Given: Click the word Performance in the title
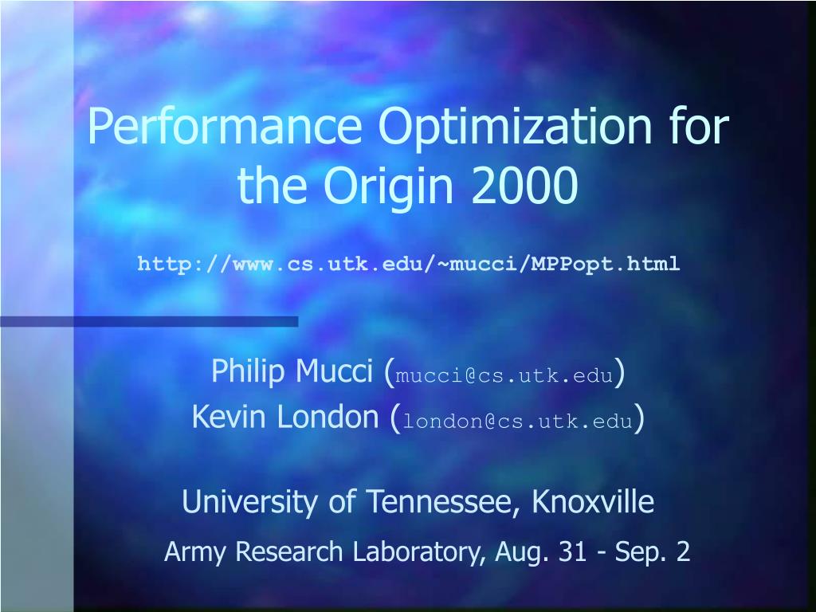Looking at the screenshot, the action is click(224, 127).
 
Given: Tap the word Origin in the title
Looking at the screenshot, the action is click(389, 186).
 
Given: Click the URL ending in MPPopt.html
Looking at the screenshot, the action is click(409, 264).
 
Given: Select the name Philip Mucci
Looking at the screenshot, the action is click(292, 371).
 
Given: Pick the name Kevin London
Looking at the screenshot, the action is click(285, 417).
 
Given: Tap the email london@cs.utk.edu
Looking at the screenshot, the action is click(518, 421).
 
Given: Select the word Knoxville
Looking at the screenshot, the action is click(593, 501).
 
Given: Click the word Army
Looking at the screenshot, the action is click(195, 552).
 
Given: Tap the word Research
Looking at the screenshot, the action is click(289, 551).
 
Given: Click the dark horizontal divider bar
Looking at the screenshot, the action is click(149, 322).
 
